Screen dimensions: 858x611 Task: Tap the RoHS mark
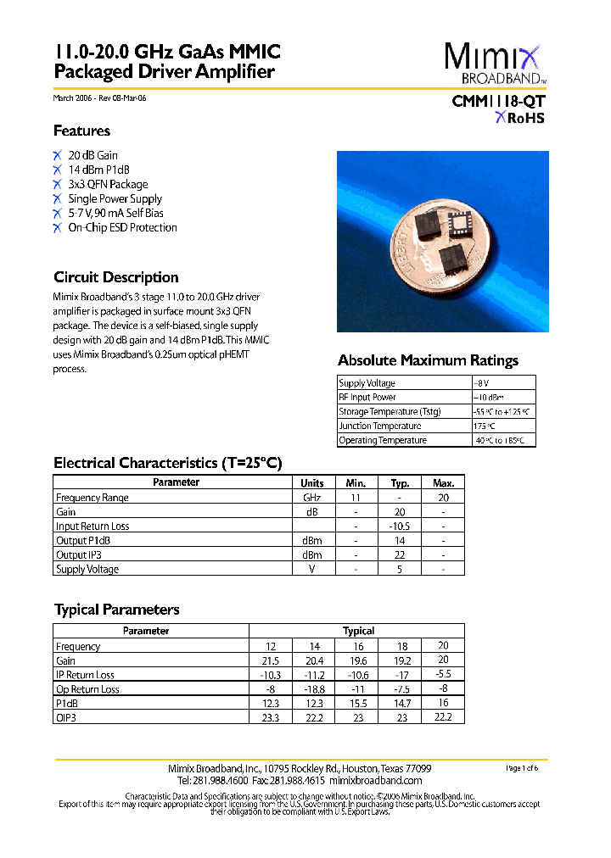click(520, 118)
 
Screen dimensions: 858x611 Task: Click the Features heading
click(81, 131)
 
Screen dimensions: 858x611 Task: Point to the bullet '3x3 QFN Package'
click(108, 184)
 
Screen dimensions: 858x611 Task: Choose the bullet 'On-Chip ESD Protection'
click(122, 227)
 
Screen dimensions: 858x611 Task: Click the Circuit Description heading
click(115, 277)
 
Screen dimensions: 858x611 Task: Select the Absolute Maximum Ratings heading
click(428, 360)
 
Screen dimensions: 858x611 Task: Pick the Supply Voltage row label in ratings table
click(367, 383)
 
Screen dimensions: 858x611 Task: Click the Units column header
click(311, 482)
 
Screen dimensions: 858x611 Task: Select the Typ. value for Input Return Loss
click(400, 526)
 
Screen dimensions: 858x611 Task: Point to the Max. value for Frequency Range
click(443, 498)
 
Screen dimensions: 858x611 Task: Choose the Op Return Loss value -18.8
click(314, 689)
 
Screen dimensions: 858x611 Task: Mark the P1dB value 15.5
click(358, 704)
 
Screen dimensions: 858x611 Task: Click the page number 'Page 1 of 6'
click(521, 768)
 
